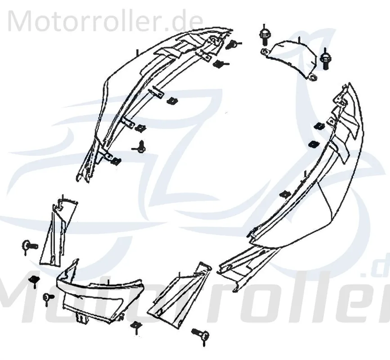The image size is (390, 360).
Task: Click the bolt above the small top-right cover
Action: pyautogui.click(x=264, y=36)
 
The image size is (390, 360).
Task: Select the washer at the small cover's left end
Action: pyautogui.click(x=264, y=51)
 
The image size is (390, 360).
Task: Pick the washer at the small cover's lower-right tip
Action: pyautogui.click(x=312, y=78)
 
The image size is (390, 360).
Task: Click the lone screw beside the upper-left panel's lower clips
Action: pyautogui.click(x=140, y=146)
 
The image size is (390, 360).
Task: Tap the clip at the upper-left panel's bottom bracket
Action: pyautogui.click(x=117, y=162)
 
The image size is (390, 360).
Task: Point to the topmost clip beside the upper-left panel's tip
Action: pyautogui.click(x=233, y=44)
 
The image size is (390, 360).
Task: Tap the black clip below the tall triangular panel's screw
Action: pyautogui.click(x=34, y=280)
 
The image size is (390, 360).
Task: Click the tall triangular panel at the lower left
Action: pyautogui.click(x=58, y=232)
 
